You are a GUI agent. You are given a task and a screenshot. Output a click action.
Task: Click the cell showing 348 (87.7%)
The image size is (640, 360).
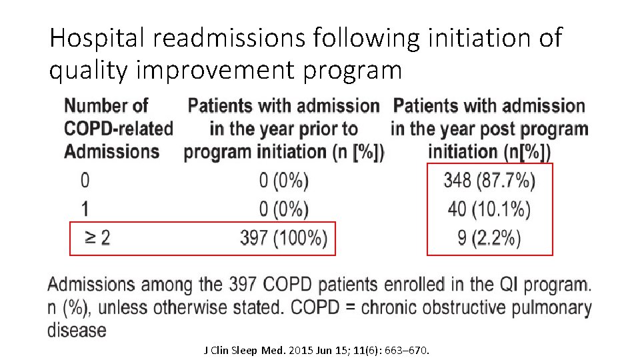pyautogui.click(x=489, y=180)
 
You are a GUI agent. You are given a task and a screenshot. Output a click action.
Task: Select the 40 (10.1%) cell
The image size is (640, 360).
pyautogui.click(x=489, y=209)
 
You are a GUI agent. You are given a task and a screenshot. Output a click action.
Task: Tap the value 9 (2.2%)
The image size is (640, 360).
pyautogui.click(x=489, y=238)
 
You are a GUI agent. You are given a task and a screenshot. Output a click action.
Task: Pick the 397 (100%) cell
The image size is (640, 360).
pyautogui.click(x=283, y=239)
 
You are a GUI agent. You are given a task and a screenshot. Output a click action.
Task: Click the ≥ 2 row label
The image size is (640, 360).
pyautogui.click(x=97, y=239)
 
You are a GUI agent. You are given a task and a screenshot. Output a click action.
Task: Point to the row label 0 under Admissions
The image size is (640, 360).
pyautogui.click(x=85, y=180)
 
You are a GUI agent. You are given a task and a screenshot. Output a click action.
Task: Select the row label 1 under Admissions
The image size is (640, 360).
pyautogui.click(x=85, y=209)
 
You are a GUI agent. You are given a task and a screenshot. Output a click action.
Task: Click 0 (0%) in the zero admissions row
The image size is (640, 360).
pyautogui.click(x=283, y=180)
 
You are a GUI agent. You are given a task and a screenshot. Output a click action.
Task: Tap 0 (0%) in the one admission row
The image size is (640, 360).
pyautogui.click(x=283, y=209)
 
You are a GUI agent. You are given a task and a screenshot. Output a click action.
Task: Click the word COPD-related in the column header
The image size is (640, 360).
pyautogui.click(x=119, y=129)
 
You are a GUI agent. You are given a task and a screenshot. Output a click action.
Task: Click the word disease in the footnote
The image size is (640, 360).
pyautogui.click(x=77, y=329)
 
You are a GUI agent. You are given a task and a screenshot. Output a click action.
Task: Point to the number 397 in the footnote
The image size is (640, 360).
pyautogui.click(x=242, y=285)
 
